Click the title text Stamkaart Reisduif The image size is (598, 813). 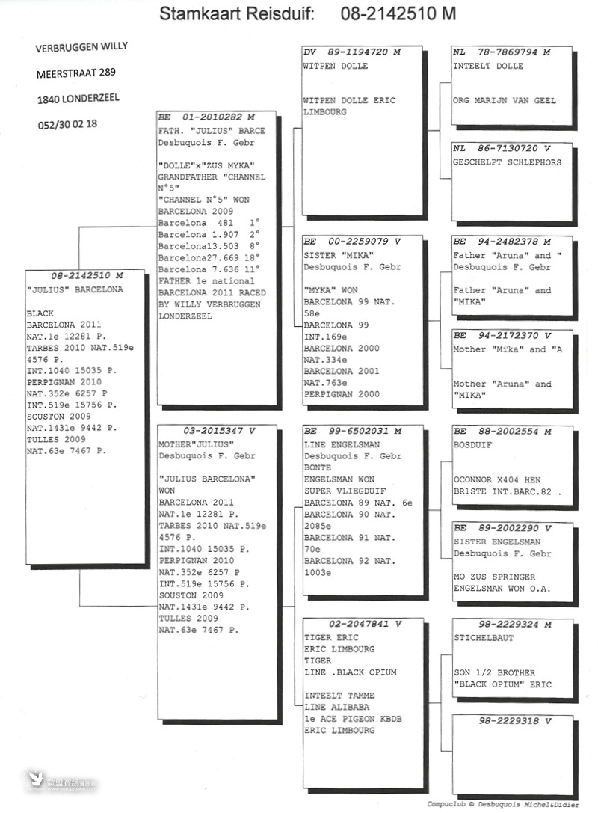pyautogui.click(x=236, y=13)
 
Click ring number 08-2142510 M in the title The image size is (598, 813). pyautogui.click(x=398, y=13)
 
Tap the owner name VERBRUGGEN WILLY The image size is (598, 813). pyautogui.click(x=81, y=47)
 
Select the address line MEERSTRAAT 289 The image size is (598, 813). pyautogui.click(x=75, y=73)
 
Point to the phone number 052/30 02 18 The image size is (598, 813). pyautogui.click(x=67, y=124)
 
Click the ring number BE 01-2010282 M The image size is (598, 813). pyautogui.click(x=206, y=117)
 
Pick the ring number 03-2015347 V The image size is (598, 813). pyautogui.click(x=219, y=430)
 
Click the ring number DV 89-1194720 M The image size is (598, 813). pyautogui.click(x=352, y=52)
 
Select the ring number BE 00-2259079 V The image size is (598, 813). pyautogui.click(x=352, y=241)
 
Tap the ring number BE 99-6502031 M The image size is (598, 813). pyautogui.click(x=353, y=431)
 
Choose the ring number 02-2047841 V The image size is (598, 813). pyautogui.click(x=365, y=624)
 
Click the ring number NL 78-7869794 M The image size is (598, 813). pyautogui.click(x=502, y=52)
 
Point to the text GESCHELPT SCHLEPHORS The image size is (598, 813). pyautogui.click(x=507, y=162)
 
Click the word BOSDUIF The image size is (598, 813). pyautogui.click(x=473, y=445)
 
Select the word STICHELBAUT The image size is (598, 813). pyautogui.click(x=484, y=638)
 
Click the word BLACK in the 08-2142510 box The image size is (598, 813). pyautogui.click(x=40, y=313)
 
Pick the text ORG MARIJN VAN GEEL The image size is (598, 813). pyautogui.click(x=505, y=100)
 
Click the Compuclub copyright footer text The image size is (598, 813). pyautogui.click(x=502, y=804)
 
